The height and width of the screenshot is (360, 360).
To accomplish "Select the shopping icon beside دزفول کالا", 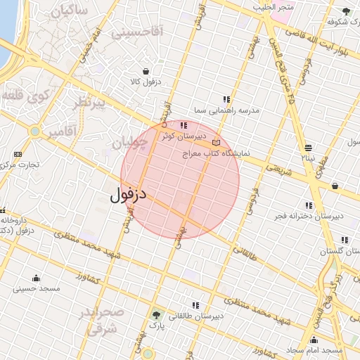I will click(x=146, y=71).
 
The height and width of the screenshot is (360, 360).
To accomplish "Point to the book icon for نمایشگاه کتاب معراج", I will click(x=216, y=143).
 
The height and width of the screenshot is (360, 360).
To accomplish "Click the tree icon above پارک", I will click(x=156, y=315).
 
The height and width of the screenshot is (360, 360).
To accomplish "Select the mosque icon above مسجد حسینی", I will click(x=36, y=278).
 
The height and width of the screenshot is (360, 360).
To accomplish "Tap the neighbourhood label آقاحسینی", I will click(x=137, y=31).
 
